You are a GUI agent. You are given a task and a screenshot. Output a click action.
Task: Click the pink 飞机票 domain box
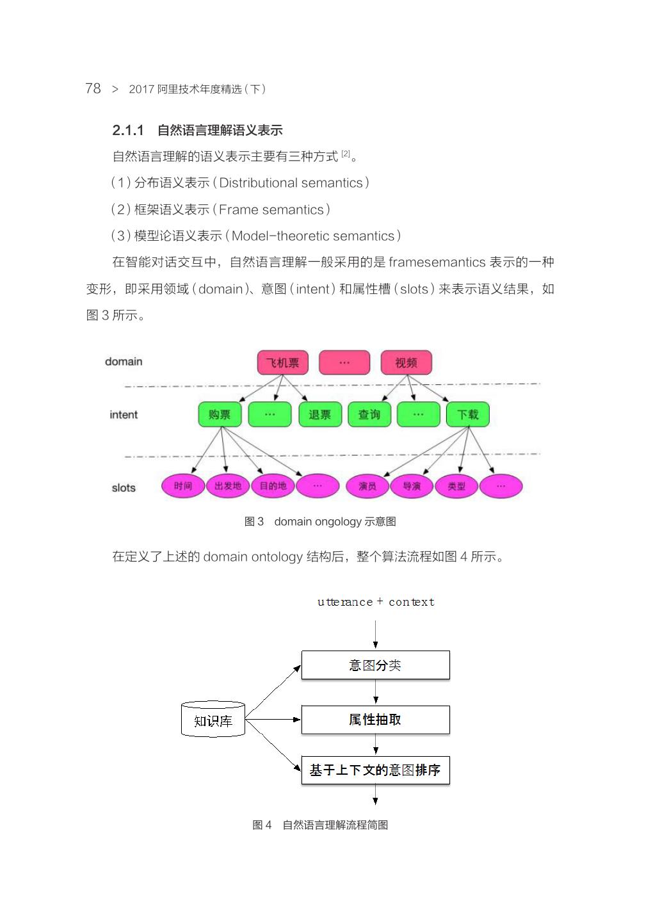pyautogui.click(x=282, y=362)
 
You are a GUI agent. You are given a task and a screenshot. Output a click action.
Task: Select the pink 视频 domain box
pyautogui.click(x=406, y=362)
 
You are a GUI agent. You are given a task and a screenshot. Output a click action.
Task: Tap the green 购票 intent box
pyautogui.click(x=220, y=414)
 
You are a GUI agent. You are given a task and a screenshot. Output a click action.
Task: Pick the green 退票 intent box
pyautogui.click(x=320, y=414)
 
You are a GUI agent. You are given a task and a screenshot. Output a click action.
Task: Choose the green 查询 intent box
pyautogui.click(x=369, y=414)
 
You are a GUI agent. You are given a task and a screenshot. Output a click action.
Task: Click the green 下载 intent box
pyautogui.click(x=468, y=414)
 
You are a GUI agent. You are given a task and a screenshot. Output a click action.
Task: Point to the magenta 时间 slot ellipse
pyautogui.click(x=183, y=486)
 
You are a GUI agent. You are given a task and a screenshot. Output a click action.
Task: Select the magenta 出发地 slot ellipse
pyautogui.click(x=228, y=486)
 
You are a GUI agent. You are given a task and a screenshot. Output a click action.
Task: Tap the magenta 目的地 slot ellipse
pyautogui.click(x=273, y=486)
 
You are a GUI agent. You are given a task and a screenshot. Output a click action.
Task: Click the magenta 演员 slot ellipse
pyautogui.click(x=367, y=487)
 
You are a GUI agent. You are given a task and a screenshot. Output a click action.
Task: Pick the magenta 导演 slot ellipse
pyautogui.click(x=412, y=487)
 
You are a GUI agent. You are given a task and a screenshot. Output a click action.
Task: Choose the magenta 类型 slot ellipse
pyautogui.click(x=456, y=487)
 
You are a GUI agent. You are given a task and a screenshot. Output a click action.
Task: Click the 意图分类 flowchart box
pyautogui.click(x=375, y=665)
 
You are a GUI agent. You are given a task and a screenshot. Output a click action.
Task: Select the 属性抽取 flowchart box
pyautogui.click(x=375, y=720)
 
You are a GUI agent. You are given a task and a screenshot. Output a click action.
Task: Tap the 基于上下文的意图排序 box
pyautogui.click(x=375, y=770)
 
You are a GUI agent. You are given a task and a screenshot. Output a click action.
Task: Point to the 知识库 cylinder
pyautogui.click(x=213, y=720)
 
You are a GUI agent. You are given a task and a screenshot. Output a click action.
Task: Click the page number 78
pyautogui.click(x=93, y=88)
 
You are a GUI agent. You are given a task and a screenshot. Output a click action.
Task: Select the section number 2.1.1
pyautogui.click(x=128, y=131)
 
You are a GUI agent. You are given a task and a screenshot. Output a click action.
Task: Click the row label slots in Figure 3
pyautogui.click(x=124, y=488)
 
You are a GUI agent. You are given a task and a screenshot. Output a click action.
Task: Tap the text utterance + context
pyautogui.click(x=376, y=602)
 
